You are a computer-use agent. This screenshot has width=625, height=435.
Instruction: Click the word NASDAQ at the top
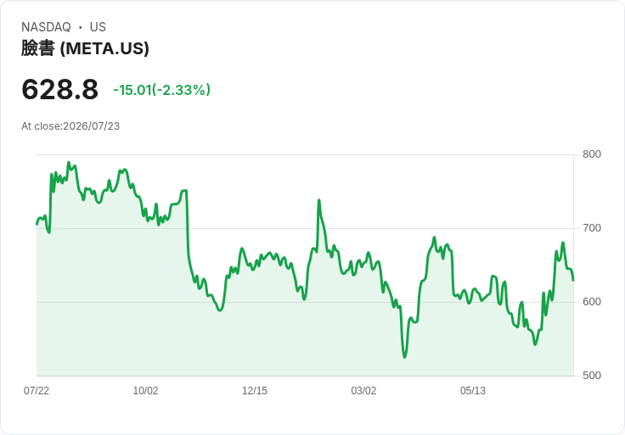(x=46, y=27)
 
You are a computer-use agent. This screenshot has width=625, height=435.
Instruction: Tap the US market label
(x=98, y=27)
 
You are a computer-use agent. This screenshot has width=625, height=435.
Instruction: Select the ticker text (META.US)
(x=104, y=48)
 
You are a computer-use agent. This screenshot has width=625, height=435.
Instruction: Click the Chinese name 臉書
(x=38, y=48)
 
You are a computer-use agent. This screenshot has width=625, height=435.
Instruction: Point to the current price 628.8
(x=59, y=89)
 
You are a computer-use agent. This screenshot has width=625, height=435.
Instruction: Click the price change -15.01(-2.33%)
(x=162, y=90)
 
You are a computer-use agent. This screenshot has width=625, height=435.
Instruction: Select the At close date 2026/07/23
(x=91, y=126)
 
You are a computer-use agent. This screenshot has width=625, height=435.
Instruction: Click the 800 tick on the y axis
(x=592, y=154)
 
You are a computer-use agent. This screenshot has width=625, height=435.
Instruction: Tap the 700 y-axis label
(x=592, y=228)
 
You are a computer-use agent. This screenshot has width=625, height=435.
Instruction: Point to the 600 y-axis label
(x=592, y=302)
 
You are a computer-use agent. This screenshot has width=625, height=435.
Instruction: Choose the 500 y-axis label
(x=592, y=376)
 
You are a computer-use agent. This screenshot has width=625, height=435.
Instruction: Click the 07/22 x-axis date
(x=37, y=391)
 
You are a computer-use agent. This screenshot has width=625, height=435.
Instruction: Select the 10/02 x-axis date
(x=145, y=391)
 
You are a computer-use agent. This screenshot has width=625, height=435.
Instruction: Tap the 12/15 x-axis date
(x=255, y=391)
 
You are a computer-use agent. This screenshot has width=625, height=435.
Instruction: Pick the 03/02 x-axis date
(x=363, y=391)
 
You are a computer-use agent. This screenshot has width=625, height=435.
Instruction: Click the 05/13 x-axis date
(x=473, y=391)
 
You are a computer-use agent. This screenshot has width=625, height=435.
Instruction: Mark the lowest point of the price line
(x=404, y=357)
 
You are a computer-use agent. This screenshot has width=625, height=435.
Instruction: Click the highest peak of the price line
(x=69, y=162)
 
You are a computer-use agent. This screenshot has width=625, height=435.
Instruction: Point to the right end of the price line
(x=573, y=280)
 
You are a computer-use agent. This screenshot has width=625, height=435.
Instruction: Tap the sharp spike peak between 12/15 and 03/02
(x=319, y=200)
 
